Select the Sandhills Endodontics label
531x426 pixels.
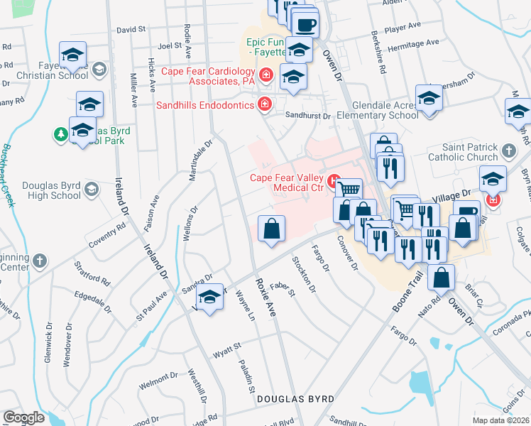click(x=206, y=105)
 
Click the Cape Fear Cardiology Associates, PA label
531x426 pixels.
click(x=208, y=76)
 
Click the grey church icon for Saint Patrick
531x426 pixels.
click(x=508, y=151)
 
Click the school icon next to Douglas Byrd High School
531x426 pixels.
click(x=92, y=190)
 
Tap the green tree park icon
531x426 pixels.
click(x=61, y=133)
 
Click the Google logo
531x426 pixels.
click(x=23, y=417)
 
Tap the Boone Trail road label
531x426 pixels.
click(x=406, y=293)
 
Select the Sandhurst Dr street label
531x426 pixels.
click(x=308, y=115)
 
